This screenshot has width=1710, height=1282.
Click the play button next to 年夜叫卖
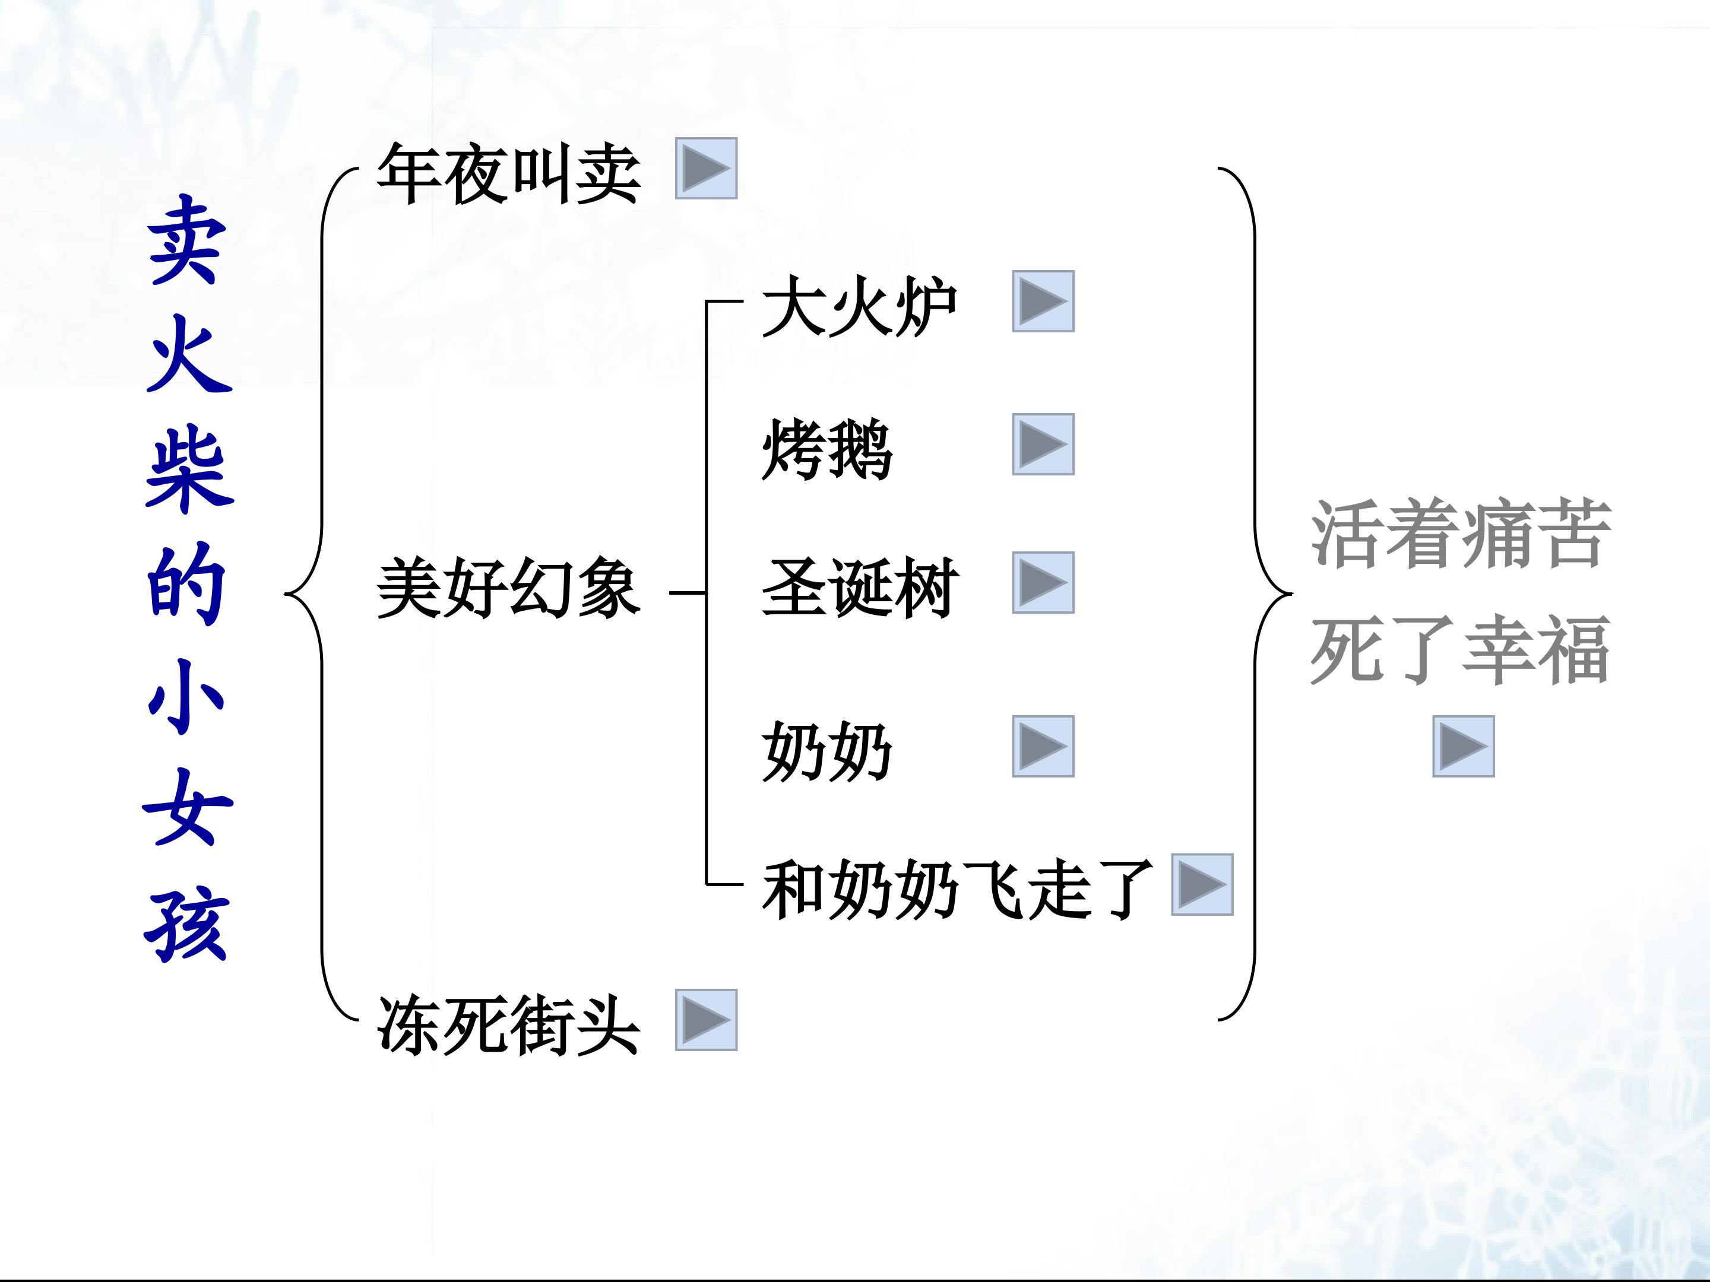pos(706,169)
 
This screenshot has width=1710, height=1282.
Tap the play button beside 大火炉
pos(1043,302)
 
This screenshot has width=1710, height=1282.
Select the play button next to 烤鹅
pos(1043,445)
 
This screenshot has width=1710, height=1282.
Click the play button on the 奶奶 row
pos(1043,747)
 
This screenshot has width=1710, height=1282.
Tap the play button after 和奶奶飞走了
pos(1202,885)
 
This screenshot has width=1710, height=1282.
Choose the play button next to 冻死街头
pos(706,1020)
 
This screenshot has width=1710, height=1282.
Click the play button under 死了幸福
pos(1464,747)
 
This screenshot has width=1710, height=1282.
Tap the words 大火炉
pos(860,307)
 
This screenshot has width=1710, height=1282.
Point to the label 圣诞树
pos(860,588)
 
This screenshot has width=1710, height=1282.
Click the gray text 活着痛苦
pos(1461,534)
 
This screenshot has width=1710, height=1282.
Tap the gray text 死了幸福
pos(1461,649)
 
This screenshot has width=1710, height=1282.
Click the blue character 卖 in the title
pos(188,240)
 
